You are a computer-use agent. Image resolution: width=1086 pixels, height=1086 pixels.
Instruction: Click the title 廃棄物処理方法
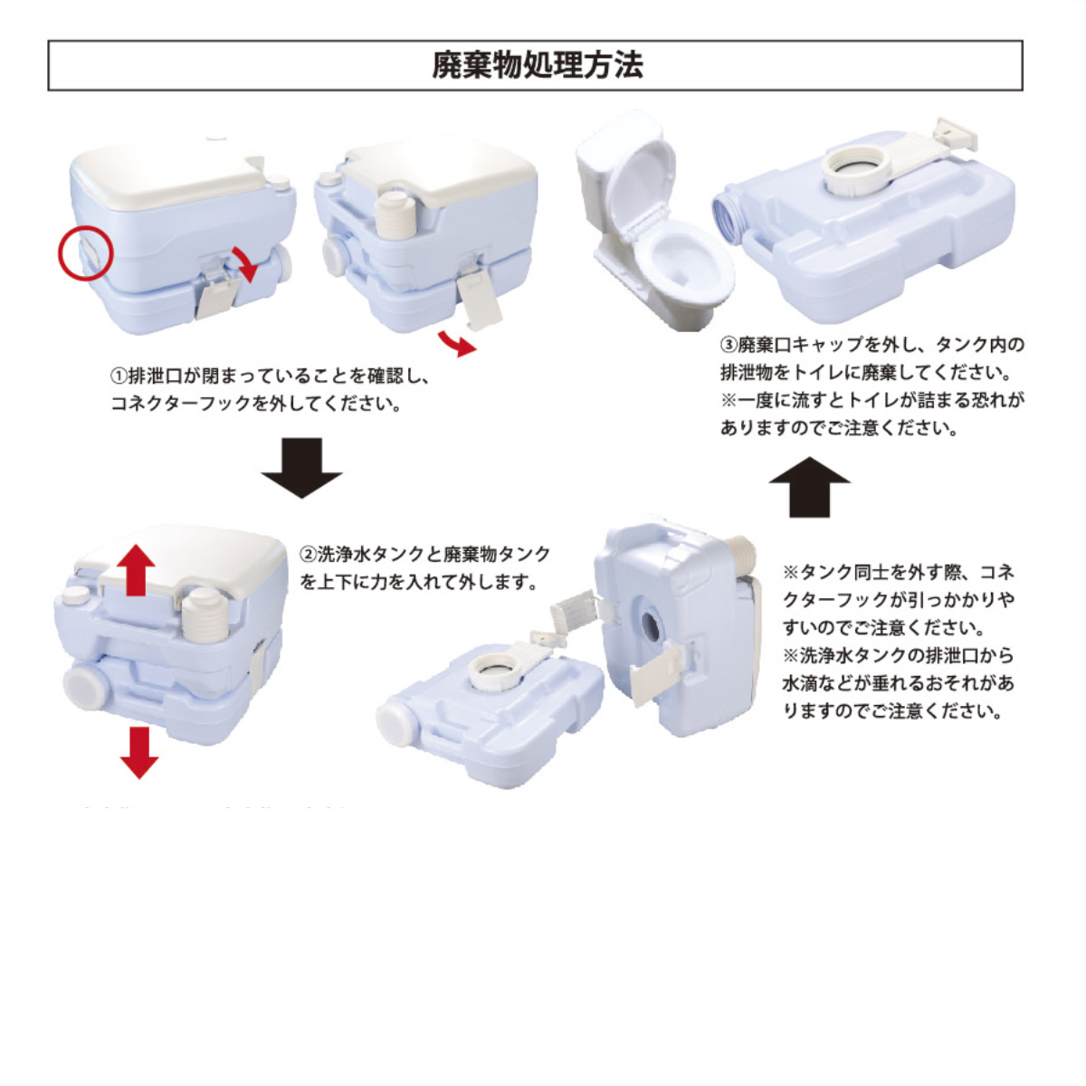pos(537,65)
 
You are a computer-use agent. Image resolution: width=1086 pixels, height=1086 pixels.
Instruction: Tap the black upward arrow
pos(809,486)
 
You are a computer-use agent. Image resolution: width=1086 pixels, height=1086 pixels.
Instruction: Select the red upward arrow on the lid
pos(135,569)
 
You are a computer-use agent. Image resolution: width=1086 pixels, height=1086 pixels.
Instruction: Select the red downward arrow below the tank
pos(138,752)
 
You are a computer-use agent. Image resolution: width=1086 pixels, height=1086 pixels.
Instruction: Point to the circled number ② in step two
pos(308,554)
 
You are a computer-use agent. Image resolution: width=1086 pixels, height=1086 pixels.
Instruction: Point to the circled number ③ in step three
pos(729,345)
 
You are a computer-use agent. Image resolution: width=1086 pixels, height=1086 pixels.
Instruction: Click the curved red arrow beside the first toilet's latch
pos(244,262)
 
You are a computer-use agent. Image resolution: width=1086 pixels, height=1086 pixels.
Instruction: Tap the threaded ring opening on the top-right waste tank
pos(855,171)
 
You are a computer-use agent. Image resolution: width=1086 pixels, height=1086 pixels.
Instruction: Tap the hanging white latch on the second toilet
pos(481,300)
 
